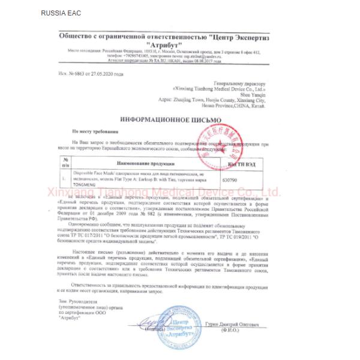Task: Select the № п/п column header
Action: [66, 163]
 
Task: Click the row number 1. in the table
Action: [65, 178]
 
